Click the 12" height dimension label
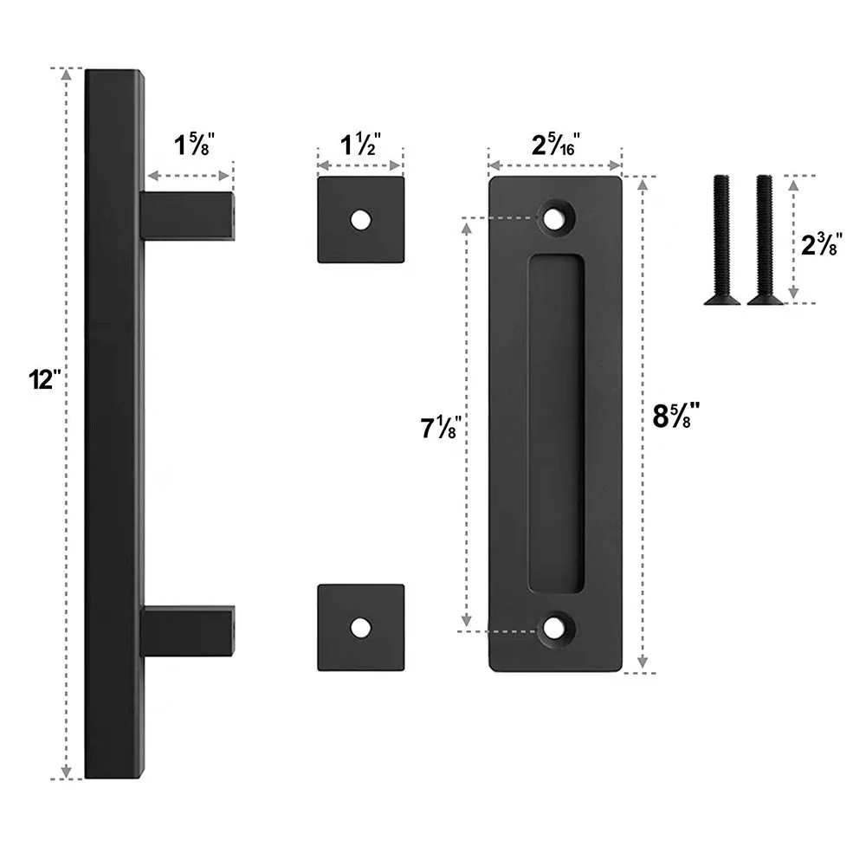click(41, 379)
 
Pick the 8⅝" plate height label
click(675, 417)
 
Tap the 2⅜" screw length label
click(817, 244)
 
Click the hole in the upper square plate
click(359, 220)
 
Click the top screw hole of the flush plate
click(555, 217)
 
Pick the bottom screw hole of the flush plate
click(555, 630)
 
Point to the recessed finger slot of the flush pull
click(555, 424)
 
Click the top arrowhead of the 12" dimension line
click(66, 74)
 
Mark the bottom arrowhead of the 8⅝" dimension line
click(642, 664)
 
